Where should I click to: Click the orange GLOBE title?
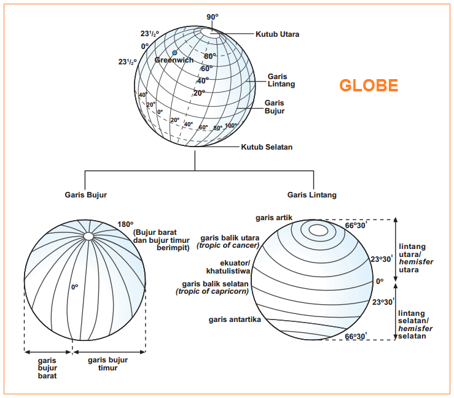(x=369, y=85)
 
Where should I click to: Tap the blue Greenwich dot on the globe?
(x=174, y=53)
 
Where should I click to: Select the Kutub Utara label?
(x=278, y=34)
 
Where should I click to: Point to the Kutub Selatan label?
(x=267, y=147)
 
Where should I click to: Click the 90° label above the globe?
(x=213, y=17)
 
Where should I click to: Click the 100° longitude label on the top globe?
(x=231, y=126)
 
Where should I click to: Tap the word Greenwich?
(x=174, y=60)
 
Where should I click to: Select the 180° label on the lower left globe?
(x=125, y=224)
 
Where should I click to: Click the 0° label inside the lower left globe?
(x=74, y=286)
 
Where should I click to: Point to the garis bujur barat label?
(x=48, y=368)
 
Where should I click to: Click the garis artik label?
(x=274, y=218)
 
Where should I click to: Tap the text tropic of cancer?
(x=229, y=245)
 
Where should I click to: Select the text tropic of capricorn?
(x=213, y=291)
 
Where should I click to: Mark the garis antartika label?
(x=235, y=320)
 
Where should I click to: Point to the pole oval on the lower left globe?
(x=88, y=236)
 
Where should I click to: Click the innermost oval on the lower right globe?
(x=318, y=230)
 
